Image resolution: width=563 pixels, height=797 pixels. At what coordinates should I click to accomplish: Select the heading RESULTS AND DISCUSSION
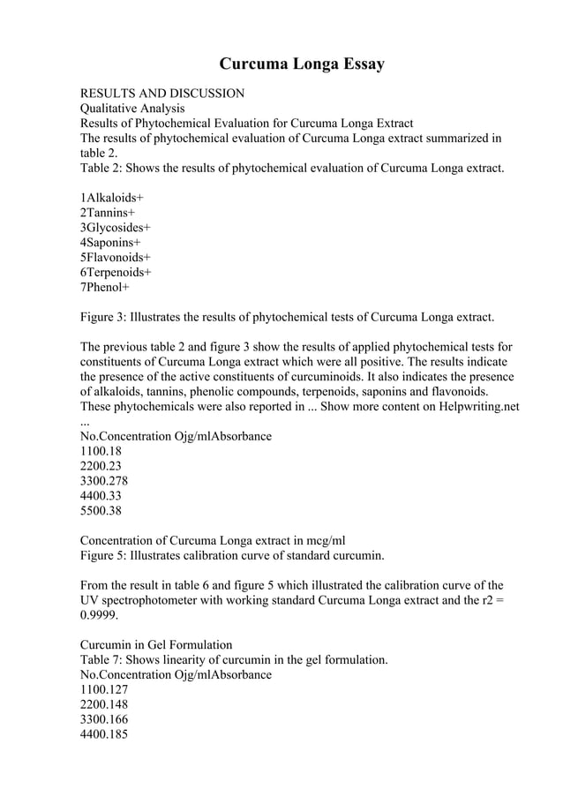pos(162,93)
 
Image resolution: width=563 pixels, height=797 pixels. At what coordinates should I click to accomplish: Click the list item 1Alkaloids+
pos(112,197)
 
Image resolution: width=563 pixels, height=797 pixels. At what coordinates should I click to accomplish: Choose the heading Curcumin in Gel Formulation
pos(156,644)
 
